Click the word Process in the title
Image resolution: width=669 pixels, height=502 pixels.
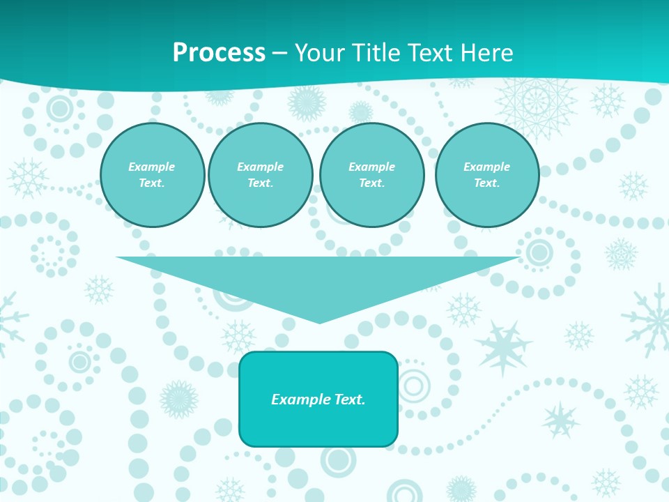219,53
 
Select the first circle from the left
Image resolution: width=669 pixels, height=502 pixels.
153,175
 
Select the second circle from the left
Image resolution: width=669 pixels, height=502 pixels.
261,175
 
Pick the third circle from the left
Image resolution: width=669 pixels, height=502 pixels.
371,175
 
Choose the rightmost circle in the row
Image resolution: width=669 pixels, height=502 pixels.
487,175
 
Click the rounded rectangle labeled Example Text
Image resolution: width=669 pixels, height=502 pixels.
318,399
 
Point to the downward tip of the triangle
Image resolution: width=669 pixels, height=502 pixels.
319,321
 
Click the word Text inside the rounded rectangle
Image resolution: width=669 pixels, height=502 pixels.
349,400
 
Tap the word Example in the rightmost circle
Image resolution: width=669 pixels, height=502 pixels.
486,167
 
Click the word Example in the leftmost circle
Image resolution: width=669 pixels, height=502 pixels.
152,167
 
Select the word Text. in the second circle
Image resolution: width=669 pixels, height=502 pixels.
261,183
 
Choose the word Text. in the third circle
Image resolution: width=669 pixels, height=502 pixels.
372,183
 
